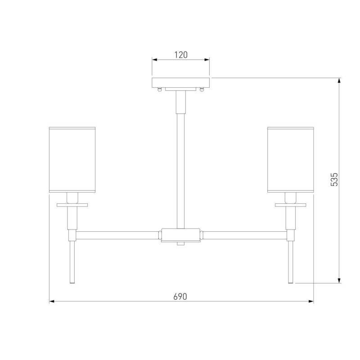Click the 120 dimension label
(181, 55)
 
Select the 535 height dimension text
(334, 179)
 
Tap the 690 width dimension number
(180, 297)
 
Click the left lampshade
(72, 160)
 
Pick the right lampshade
(291, 160)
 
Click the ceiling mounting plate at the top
(181, 83)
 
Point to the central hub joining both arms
(180, 235)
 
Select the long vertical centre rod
(181, 171)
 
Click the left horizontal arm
(117, 235)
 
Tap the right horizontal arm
(245, 235)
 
